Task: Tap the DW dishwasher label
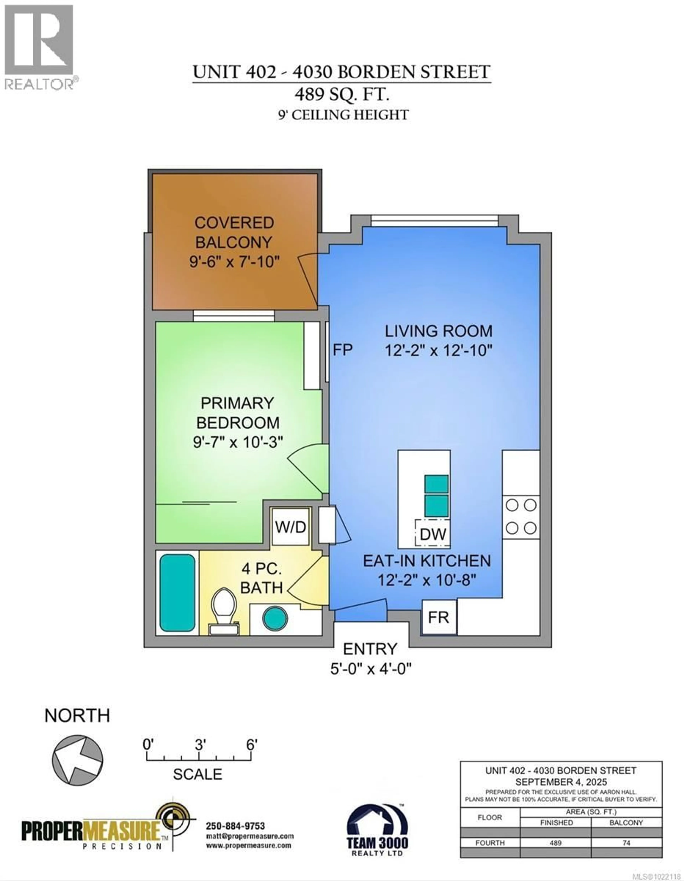pos(433,534)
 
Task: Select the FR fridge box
pos(438,617)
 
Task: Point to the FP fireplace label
pos(342,350)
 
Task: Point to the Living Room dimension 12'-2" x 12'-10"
pos(438,350)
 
